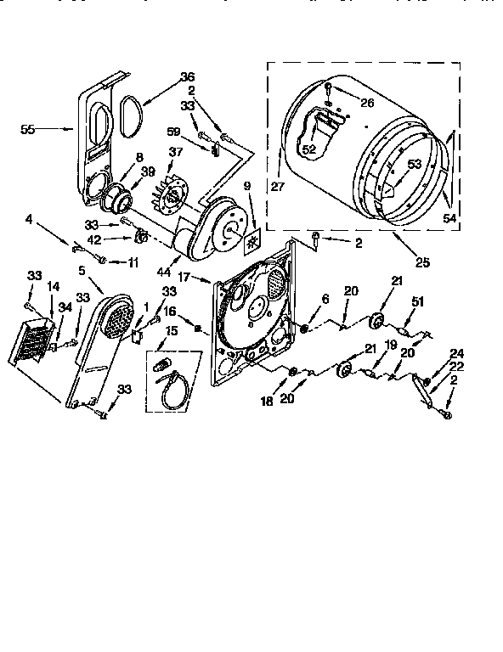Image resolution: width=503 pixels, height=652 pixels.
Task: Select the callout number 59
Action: pyautogui.click(x=174, y=132)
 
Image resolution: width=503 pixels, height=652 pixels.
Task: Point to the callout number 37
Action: pyautogui.click(x=176, y=152)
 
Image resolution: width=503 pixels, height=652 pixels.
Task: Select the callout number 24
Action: pyautogui.click(x=458, y=353)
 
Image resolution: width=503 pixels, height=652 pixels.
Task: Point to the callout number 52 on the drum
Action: pyautogui.click(x=307, y=149)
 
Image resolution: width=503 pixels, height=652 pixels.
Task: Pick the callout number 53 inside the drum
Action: pyautogui.click(x=414, y=164)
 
